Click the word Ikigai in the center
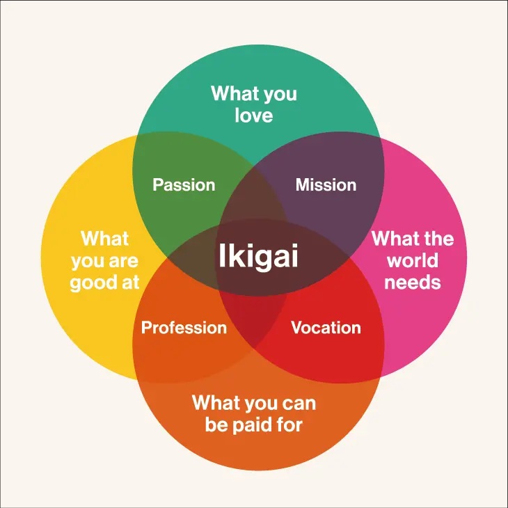point(258,256)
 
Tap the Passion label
point(184,184)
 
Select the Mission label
point(326,184)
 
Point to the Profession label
point(184,328)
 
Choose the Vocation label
point(326,328)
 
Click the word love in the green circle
point(254,116)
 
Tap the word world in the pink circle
point(413,260)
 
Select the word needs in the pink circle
point(413,283)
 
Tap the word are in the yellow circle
point(123,262)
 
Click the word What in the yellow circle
point(104,239)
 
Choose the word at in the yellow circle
point(131,283)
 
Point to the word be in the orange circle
point(216,424)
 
